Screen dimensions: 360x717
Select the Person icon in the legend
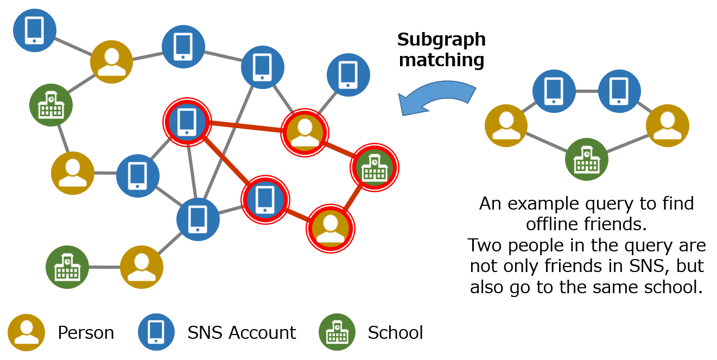coord(26,332)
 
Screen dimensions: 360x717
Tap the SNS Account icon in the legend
coord(156,332)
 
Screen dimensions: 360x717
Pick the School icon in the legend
coord(337,332)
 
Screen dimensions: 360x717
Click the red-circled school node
coord(375,167)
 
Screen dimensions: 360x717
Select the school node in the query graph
coord(587,159)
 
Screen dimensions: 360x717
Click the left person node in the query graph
coord(506,125)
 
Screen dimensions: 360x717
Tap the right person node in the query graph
coord(667,125)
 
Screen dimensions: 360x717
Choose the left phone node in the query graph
coord(554,91)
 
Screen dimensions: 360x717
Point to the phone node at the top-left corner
coord(35,30)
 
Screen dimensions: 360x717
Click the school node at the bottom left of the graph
coord(67,267)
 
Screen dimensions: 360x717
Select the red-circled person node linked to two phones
coord(305,132)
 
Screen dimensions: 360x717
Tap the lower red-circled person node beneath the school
coord(330,228)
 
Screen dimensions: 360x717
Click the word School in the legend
coord(395,332)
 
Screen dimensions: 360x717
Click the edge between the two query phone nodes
coord(587,91)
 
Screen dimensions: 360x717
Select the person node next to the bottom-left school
coord(142,267)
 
